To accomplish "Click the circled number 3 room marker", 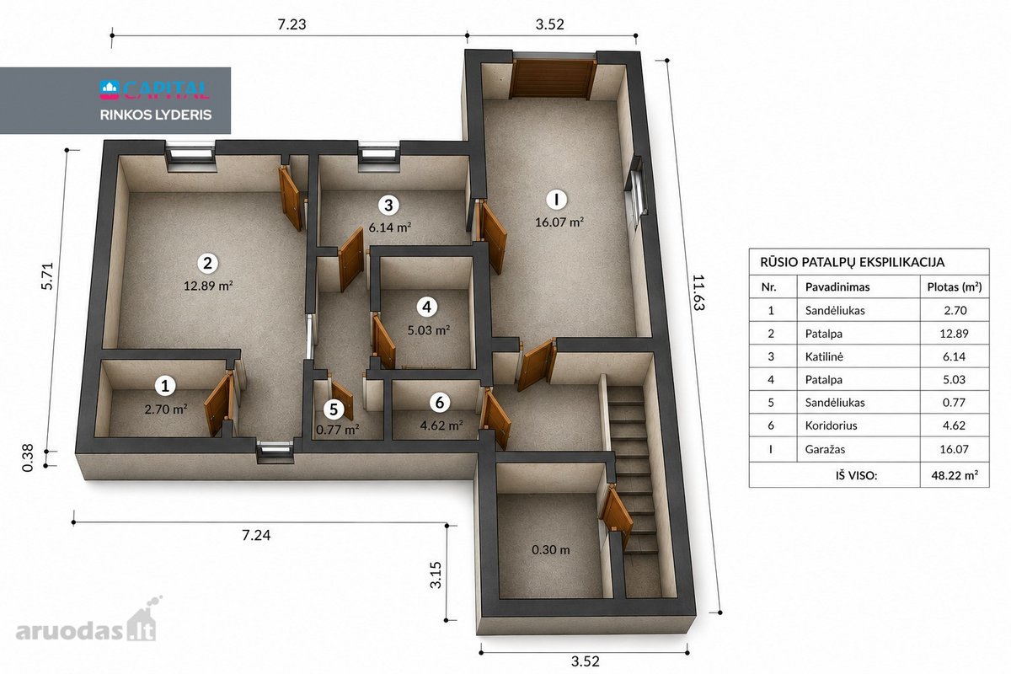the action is (388, 206).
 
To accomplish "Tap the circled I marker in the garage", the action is (556, 199).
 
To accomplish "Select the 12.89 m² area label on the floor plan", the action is (208, 286).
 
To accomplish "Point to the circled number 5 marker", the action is (334, 409).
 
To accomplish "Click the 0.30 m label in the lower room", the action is (551, 550).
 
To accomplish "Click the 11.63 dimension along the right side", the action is (698, 292).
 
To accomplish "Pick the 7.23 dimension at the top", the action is (292, 24).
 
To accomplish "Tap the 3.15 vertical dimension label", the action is (436, 575).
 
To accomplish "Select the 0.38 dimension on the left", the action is (28, 457).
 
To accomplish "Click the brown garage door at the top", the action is (553, 79).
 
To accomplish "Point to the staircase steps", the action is (634, 469).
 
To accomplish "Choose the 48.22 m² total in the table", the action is (955, 475).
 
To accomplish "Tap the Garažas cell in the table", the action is (825, 449).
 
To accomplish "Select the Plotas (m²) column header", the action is (954, 287).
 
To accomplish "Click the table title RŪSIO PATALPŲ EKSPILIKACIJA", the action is (852, 262).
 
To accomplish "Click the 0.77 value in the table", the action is (954, 403).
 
